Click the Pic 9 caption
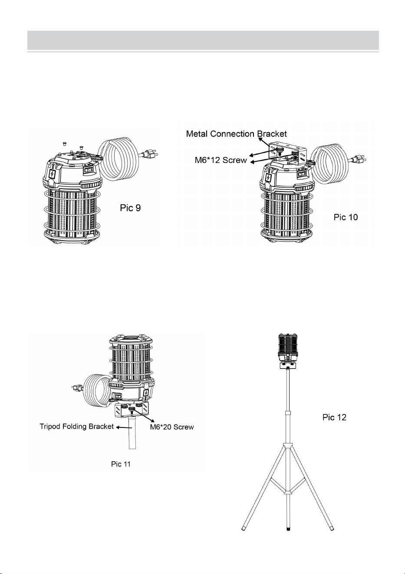(x=130, y=208)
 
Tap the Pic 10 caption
(x=346, y=217)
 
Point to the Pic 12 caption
(x=334, y=417)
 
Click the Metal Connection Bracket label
(x=237, y=134)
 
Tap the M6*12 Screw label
(x=221, y=160)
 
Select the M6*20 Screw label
(x=172, y=427)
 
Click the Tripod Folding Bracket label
(x=76, y=427)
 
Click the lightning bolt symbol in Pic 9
(x=53, y=175)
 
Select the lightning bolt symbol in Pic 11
(x=146, y=392)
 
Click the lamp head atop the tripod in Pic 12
(x=289, y=348)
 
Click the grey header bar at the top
(x=203, y=40)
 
